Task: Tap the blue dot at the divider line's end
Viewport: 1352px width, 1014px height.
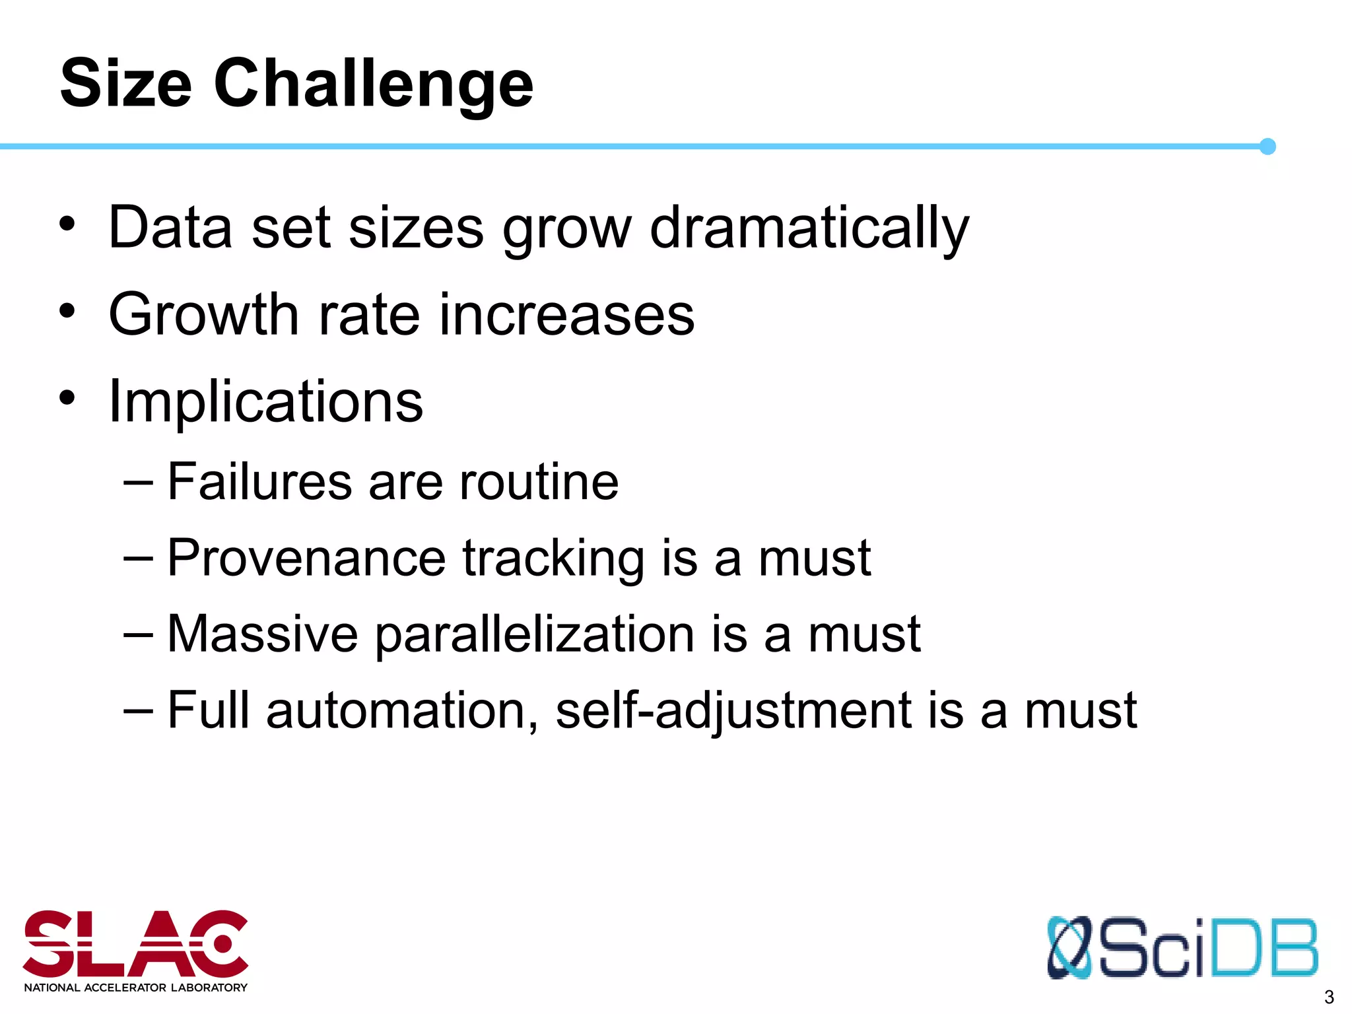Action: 1267,147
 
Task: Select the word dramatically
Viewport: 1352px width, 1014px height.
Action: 809,228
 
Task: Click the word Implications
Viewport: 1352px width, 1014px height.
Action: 265,402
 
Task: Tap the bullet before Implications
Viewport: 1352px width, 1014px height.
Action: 67,397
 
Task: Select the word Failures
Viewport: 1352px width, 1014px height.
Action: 259,481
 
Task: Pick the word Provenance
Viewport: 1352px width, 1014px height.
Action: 306,558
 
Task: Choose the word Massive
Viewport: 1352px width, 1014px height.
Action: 263,634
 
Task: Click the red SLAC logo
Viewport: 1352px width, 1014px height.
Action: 135,944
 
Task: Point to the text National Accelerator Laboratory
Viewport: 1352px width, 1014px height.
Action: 135,988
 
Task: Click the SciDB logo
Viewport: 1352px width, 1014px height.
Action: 1182,947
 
